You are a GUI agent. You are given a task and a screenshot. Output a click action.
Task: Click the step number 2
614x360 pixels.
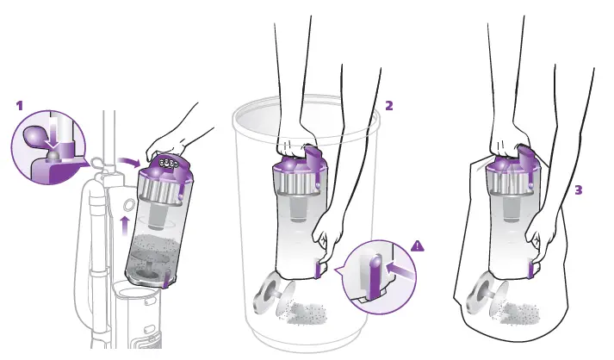[389, 106]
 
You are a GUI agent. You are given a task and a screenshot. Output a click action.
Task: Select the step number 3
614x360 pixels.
[578, 189]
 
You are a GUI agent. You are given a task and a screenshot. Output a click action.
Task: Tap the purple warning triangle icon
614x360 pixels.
[418, 246]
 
